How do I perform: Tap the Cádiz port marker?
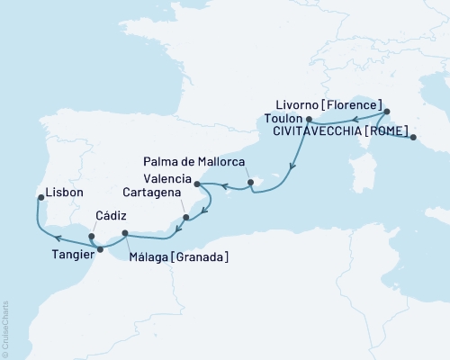click(92, 238)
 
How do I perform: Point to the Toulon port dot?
click(309, 119)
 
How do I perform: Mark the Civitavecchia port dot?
click(413, 138)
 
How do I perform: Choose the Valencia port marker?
click(197, 186)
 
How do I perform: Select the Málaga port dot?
click(125, 236)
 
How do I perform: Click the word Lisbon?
click(64, 193)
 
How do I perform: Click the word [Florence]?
click(352, 103)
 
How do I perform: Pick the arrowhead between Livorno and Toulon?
click(355, 118)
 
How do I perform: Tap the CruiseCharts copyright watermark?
click(5, 328)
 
